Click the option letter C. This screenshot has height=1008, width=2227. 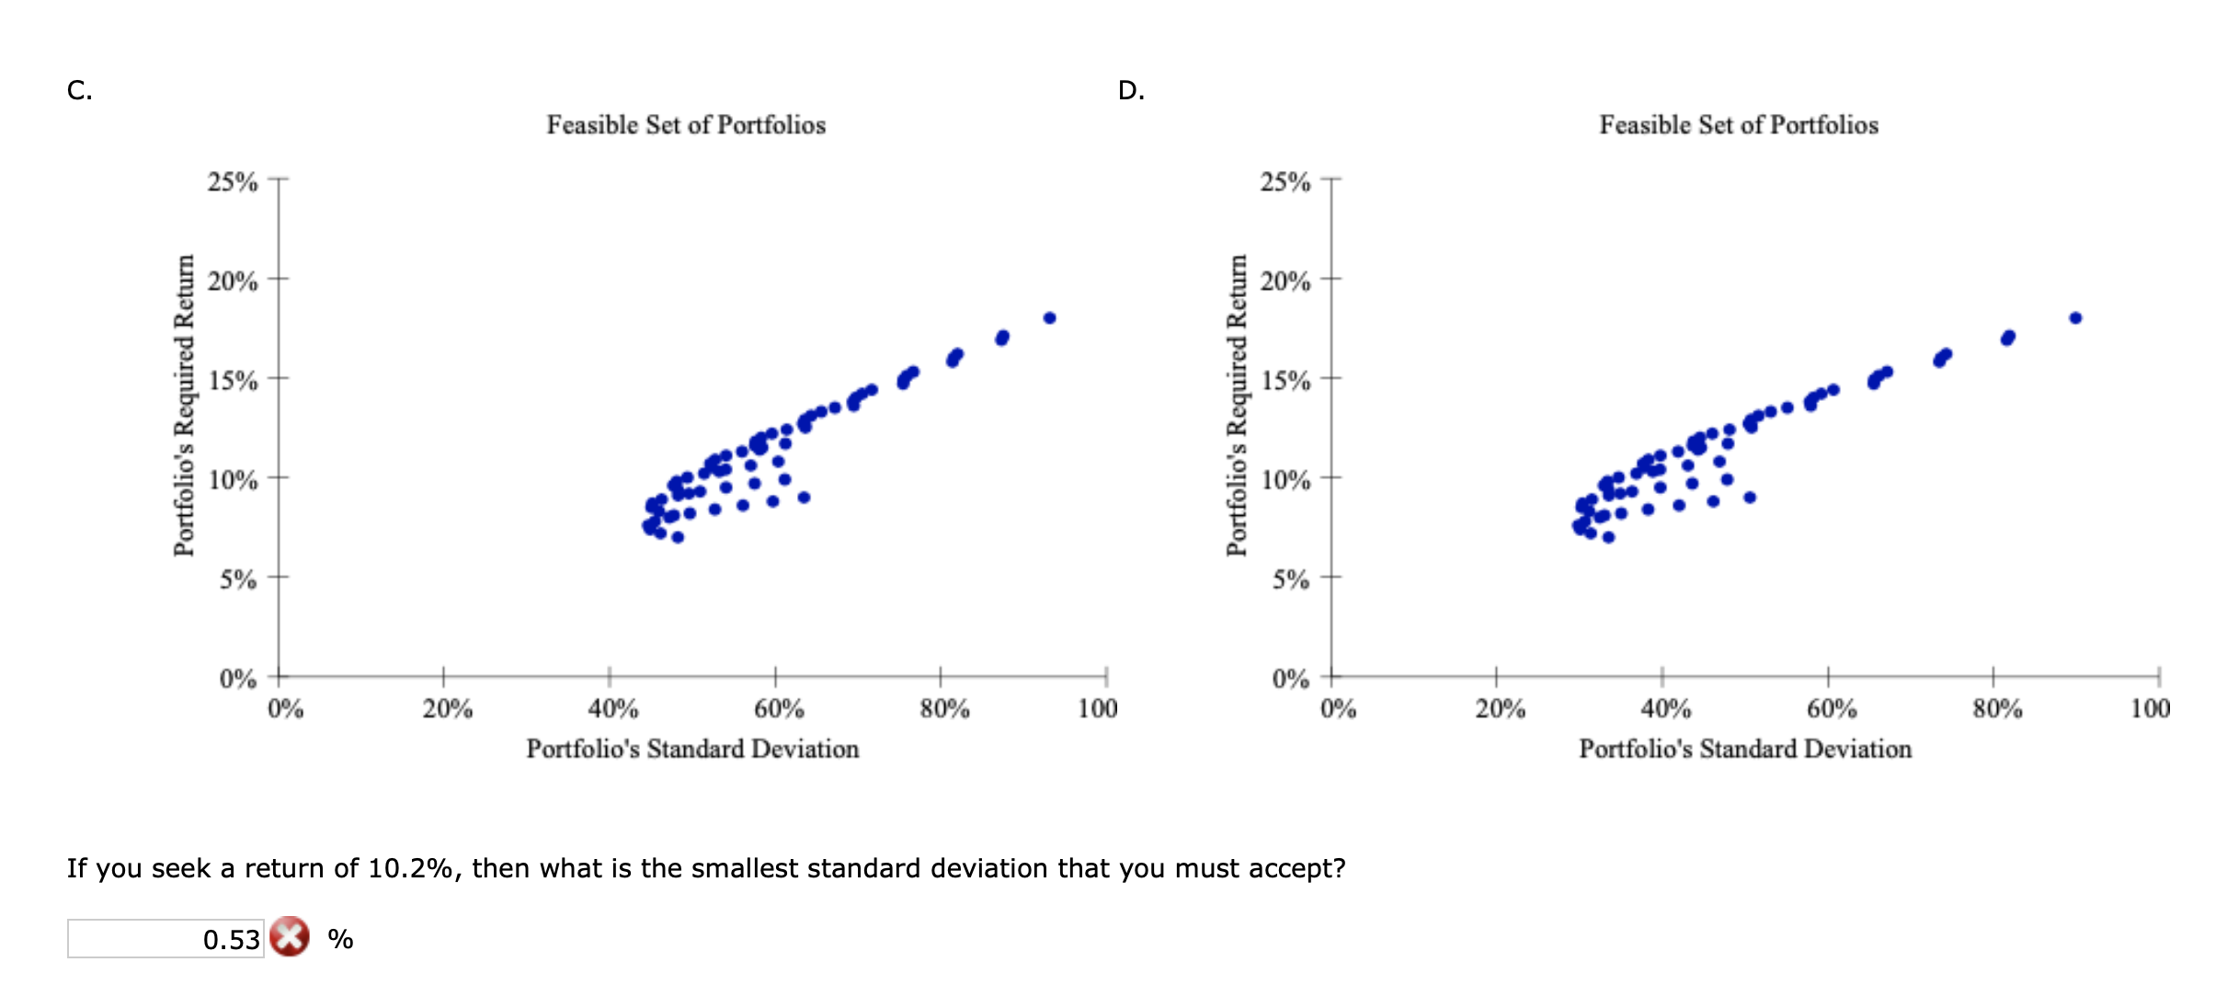79,90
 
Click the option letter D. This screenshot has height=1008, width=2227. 1131,90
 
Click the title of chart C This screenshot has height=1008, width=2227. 686,125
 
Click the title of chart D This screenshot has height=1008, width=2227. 1738,125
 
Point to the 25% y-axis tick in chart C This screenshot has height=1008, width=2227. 233,181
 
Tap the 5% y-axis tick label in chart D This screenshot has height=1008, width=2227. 1290,579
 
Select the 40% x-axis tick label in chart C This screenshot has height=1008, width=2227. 613,709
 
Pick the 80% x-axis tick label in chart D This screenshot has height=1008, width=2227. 1996,709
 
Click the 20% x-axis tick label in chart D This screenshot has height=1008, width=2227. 1500,709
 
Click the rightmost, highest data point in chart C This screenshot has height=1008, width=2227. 1049,318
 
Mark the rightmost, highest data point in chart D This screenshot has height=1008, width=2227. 2075,318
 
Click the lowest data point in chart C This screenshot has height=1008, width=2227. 678,537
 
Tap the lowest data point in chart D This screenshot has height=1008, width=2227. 1608,537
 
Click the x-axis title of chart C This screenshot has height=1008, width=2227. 692,750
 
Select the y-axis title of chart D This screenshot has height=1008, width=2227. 1238,405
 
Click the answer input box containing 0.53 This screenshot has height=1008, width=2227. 166,939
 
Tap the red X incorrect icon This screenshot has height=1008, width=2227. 290,937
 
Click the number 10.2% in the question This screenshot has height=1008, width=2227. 410,868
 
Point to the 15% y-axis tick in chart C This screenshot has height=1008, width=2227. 233,380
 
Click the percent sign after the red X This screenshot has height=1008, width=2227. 340,939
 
